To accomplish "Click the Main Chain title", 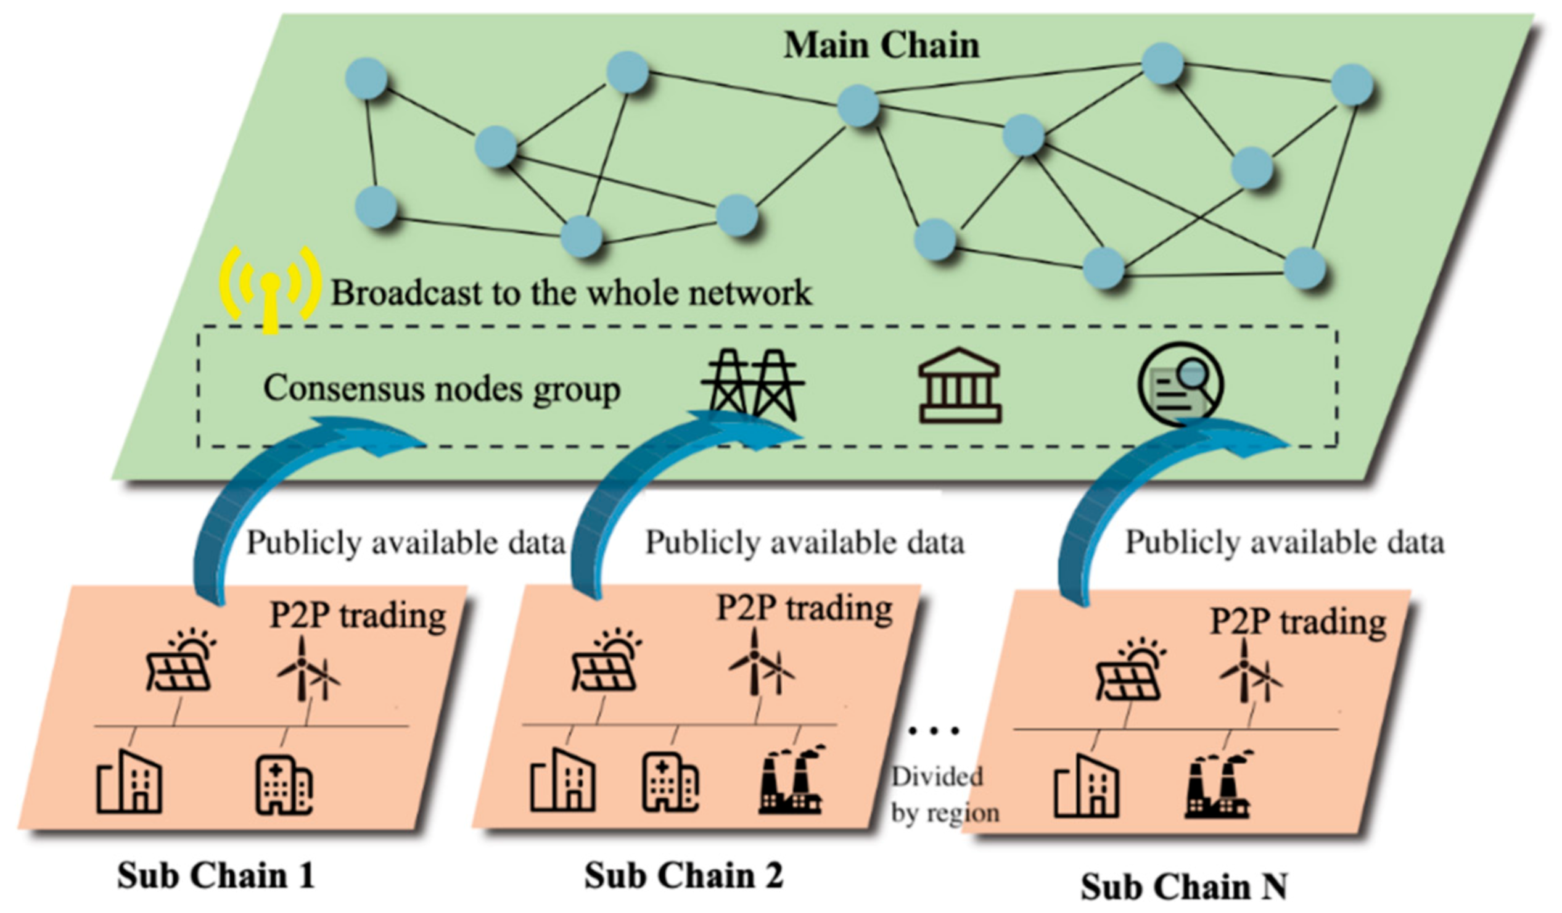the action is pyautogui.click(x=881, y=45).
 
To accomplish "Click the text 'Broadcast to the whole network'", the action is pyautogui.click(x=571, y=293).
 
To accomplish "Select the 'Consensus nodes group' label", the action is pyautogui.click(x=442, y=389).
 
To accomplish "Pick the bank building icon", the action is pyautogui.click(x=960, y=385).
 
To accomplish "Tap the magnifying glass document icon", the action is pyautogui.click(x=1181, y=383).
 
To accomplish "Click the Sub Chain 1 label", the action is pyautogui.click(x=216, y=875).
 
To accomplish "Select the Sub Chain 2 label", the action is pyautogui.click(x=683, y=875).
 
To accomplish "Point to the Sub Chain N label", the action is pyautogui.click(x=1184, y=886).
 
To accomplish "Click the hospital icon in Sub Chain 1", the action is pyautogui.click(x=284, y=784).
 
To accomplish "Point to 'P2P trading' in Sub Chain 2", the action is pyautogui.click(x=805, y=608).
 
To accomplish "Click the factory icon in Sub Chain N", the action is pyautogui.click(x=1217, y=785).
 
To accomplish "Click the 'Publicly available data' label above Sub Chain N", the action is pyautogui.click(x=1285, y=542).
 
